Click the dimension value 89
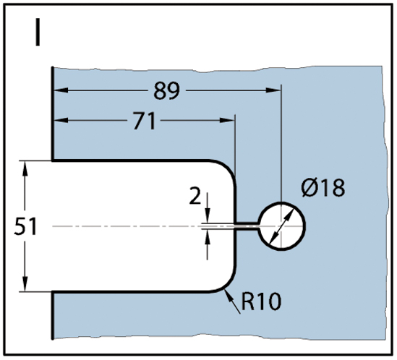point(167,90)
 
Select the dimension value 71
point(145,121)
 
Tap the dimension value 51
point(25,226)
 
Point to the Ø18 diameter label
point(323,187)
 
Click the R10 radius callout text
point(261,301)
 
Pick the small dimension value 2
point(195,196)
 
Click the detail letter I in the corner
point(38,32)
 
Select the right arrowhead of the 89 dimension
point(273,90)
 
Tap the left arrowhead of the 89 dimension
point(61,90)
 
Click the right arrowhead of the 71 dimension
point(227,120)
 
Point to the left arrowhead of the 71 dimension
point(61,120)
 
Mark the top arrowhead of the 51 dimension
point(25,168)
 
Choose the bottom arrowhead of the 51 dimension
point(25,284)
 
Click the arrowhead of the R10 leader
point(229,296)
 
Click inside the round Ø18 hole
point(281,226)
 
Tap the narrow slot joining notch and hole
point(247,226)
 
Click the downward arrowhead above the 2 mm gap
point(208,216)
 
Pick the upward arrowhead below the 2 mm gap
point(208,236)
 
